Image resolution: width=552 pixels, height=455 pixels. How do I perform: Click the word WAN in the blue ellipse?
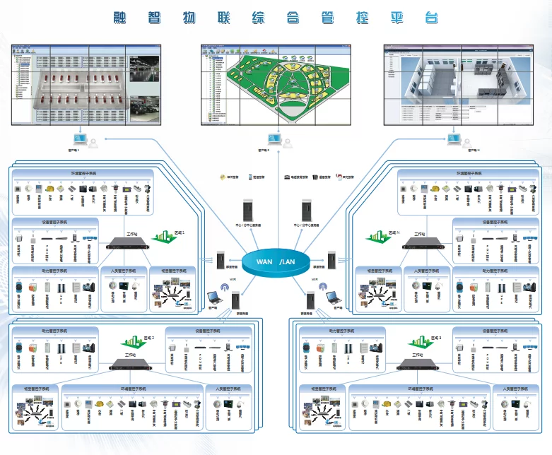point(264,261)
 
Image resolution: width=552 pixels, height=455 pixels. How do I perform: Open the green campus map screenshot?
point(276,83)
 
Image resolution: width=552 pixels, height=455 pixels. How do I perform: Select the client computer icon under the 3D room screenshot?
point(452,140)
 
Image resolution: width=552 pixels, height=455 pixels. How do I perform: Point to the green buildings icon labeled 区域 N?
point(377,235)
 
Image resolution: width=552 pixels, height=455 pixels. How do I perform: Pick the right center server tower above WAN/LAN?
point(305,210)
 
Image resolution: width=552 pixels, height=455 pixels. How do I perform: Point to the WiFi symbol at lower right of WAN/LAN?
point(319,288)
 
